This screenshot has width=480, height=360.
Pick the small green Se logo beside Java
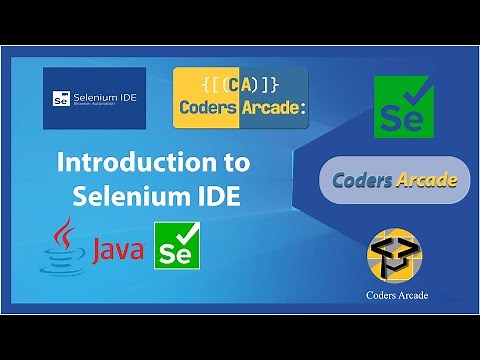tap(172, 246)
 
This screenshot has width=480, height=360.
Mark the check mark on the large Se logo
tap(417, 93)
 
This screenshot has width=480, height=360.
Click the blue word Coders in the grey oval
tap(365, 181)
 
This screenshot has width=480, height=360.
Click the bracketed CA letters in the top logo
tap(240, 84)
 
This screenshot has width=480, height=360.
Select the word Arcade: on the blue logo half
tap(271, 108)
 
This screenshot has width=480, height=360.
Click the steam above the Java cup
tap(63, 229)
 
